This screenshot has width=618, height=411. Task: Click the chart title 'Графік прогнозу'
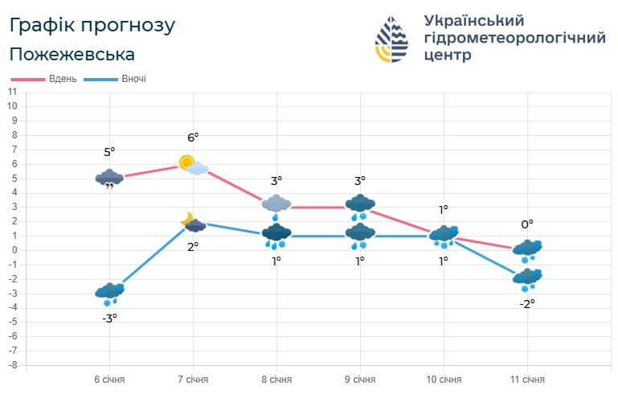point(92,25)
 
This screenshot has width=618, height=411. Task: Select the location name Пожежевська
point(72,54)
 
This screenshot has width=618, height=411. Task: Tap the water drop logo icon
point(396,39)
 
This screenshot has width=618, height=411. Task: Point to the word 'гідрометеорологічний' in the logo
point(514,38)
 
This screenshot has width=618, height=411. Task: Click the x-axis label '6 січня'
point(109,379)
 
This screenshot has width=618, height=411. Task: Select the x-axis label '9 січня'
point(360,379)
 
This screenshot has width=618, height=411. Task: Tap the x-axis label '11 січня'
point(527,379)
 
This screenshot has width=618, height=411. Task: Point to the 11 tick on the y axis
point(12,92)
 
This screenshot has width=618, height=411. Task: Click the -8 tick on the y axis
point(12,365)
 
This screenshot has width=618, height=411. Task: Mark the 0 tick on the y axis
point(13,250)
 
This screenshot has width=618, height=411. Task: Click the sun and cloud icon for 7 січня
point(193,165)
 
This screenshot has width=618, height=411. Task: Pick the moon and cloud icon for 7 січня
point(192,222)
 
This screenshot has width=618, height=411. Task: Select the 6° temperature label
point(193,138)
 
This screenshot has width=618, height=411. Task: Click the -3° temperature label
point(109,318)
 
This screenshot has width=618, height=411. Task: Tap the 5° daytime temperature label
point(109,152)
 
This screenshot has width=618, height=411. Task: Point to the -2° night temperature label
point(527,304)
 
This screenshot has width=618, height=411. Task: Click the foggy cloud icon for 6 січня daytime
point(109,179)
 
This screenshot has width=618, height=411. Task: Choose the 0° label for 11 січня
point(527,224)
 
